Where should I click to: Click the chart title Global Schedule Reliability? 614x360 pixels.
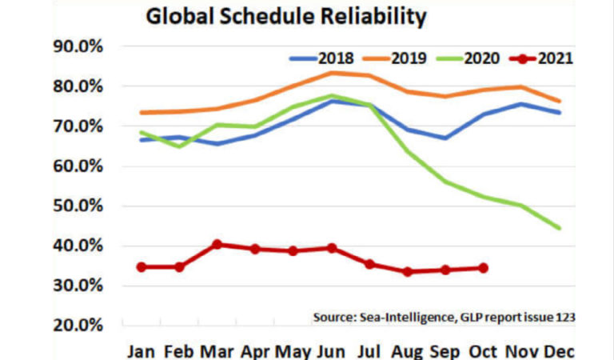click(285, 17)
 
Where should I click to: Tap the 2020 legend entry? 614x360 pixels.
click(483, 58)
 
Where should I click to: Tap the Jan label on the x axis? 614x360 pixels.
click(141, 351)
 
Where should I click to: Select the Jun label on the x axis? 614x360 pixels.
click(331, 351)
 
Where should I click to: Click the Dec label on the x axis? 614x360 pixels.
click(559, 351)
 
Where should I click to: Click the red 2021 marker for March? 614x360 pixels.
click(217, 245)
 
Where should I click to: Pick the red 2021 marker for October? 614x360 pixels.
click(483, 268)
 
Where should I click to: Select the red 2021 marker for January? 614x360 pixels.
click(142, 266)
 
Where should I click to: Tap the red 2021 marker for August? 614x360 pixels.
click(408, 271)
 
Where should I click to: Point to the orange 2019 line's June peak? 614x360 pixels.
click(331, 73)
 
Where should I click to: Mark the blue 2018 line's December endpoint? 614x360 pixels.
click(559, 112)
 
